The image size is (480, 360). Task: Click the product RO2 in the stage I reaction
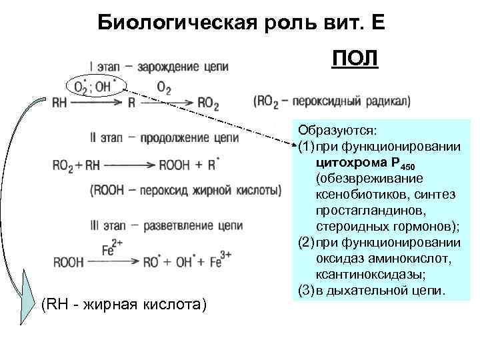coord(208,103)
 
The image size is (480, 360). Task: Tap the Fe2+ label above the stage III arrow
coord(111,247)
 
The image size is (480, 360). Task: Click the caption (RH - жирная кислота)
coord(124,305)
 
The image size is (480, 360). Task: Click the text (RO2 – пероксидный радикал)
coord(331,101)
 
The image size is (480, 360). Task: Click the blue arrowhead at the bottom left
coord(27,293)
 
